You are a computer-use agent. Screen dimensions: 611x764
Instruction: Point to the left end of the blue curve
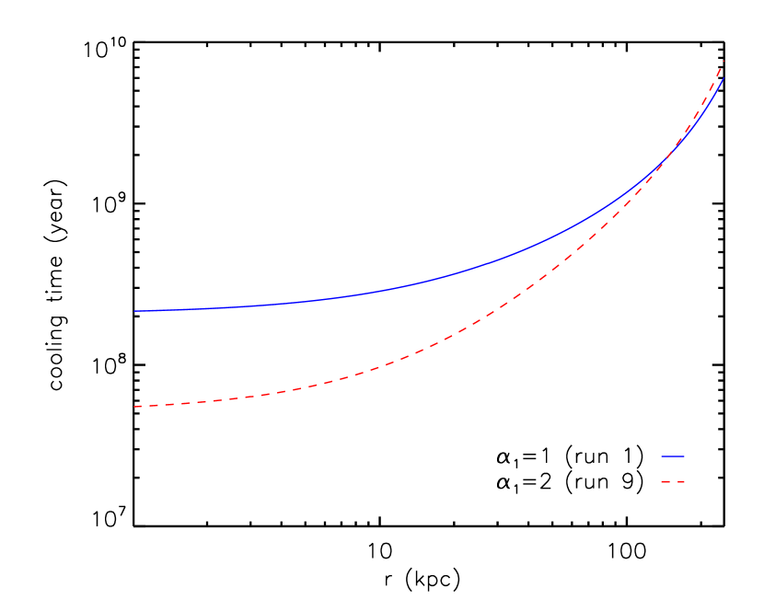[134, 311]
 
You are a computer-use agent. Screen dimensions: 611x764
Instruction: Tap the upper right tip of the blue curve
[724, 77]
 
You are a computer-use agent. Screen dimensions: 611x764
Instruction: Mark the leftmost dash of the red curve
[138, 406]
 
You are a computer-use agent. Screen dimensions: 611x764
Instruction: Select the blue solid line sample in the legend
[673, 456]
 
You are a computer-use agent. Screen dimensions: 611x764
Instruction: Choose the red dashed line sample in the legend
[673, 481]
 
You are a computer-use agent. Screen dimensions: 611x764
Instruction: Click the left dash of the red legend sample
[666, 481]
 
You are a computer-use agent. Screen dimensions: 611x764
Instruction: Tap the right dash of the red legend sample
[681, 481]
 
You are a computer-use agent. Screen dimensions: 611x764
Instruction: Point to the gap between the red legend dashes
[674, 481]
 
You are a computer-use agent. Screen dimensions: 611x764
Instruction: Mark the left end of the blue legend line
[661, 456]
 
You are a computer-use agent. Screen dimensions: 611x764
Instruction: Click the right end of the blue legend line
[685, 456]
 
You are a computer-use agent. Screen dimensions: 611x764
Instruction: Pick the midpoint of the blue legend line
[673, 456]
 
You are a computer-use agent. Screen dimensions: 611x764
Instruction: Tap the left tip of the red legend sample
[661, 481]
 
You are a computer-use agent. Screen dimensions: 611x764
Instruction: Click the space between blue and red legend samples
[673, 469]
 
